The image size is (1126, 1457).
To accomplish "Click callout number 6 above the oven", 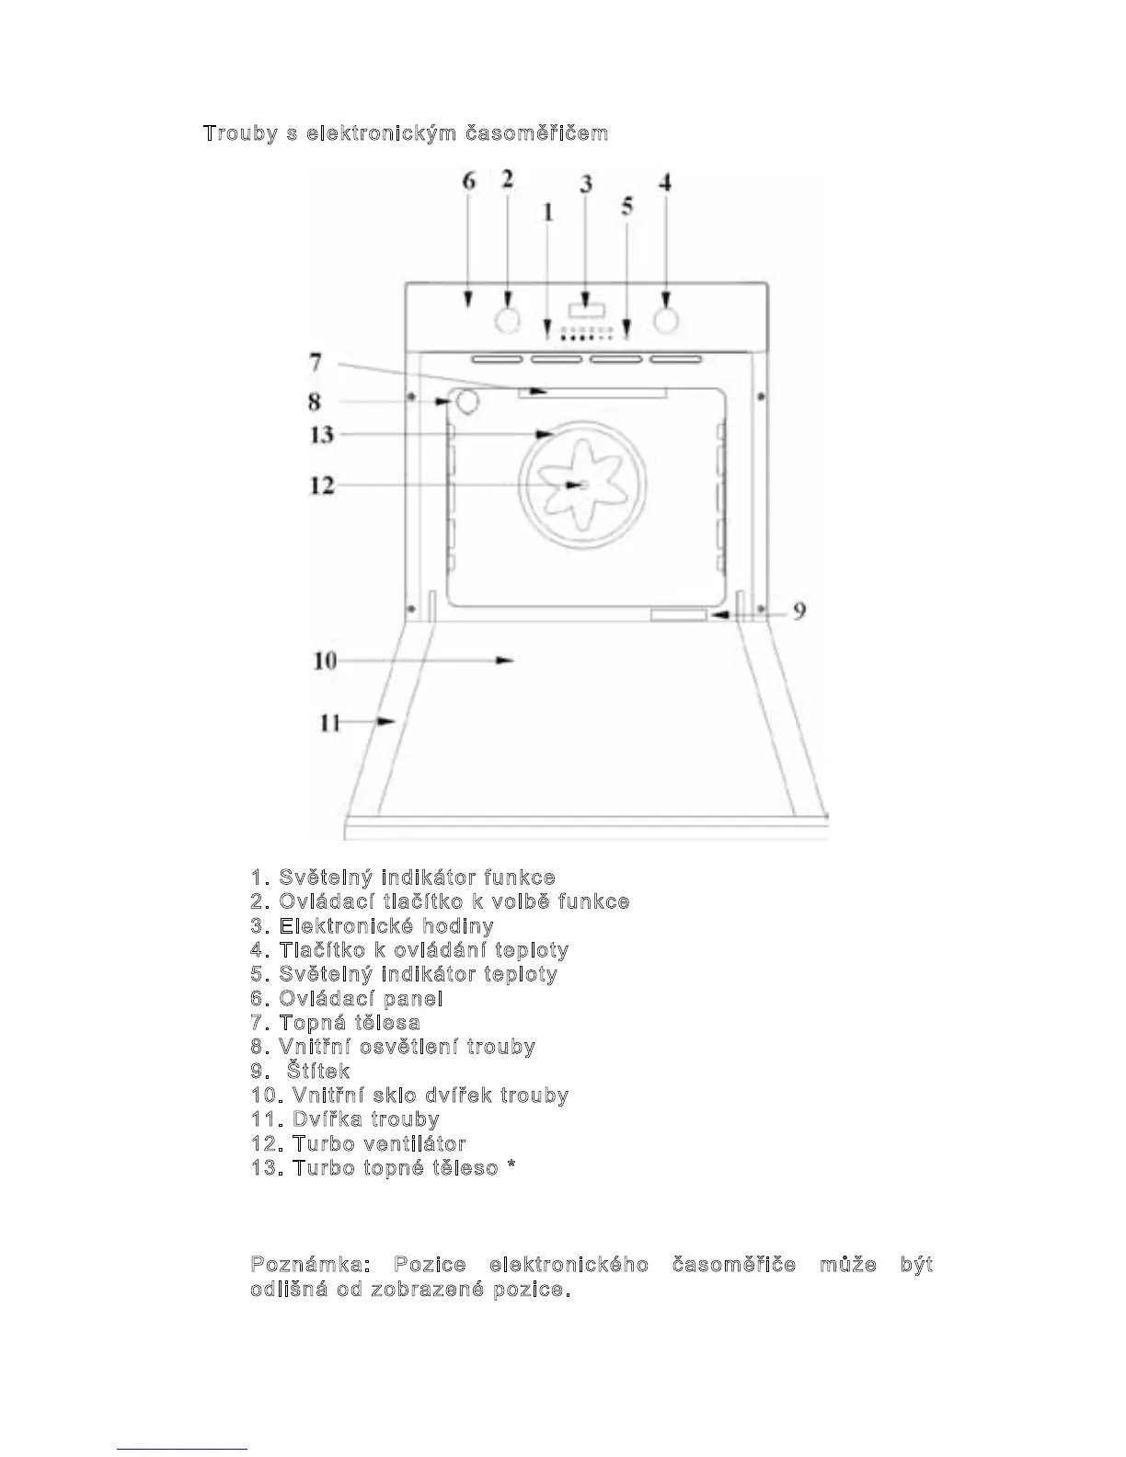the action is (469, 181).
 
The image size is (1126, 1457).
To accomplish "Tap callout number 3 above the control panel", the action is (586, 183).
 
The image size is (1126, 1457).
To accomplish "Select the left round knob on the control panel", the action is (507, 321).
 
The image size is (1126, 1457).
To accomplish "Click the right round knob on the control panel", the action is (665, 320).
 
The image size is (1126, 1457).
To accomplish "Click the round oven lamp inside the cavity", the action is (467, 401).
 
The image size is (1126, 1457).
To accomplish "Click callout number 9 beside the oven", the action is (799, 611).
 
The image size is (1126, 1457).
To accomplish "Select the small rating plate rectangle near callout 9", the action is (679, 614).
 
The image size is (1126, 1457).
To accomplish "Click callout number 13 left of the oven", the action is (321, 434).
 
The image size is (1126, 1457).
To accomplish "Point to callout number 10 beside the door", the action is (325, 660).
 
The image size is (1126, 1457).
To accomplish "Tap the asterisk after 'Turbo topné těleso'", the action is (511, 1167).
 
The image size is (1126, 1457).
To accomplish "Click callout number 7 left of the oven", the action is (315, 362).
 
